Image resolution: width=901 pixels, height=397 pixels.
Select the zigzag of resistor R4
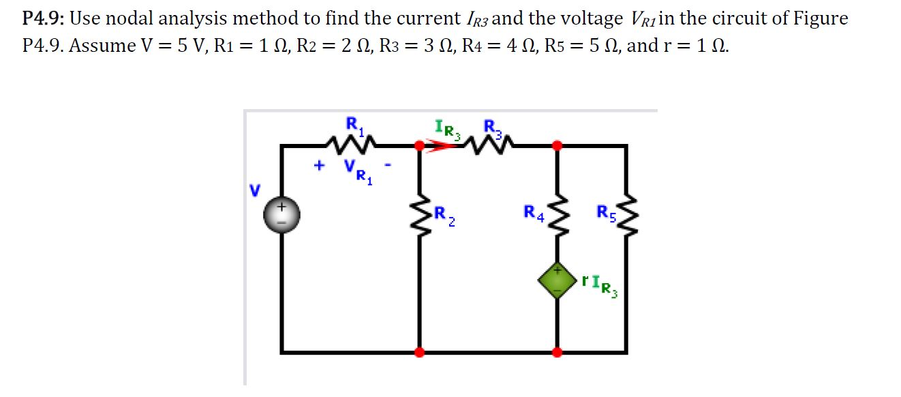pyautogui.click(x=558, y=215)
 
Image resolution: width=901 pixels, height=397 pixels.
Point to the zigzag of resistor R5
pyautogui.click(x=626, y=215)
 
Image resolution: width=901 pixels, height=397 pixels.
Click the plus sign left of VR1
pyautogui.click(x=318, y=165)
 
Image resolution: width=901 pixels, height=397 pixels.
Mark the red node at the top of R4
pyautogui.click(x=558, y=145)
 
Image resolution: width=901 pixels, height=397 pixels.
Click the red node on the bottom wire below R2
pyautogui.click(x=418, y=352)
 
